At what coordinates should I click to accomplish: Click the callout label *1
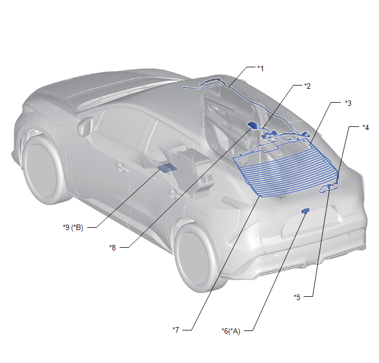pyautogui.click(x=261, y=68)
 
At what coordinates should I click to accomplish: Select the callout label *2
pyautogui.click(x=307, y=86)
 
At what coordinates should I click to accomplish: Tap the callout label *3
pyautogui.click(x=348, y=103)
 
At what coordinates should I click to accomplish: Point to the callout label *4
pyautogui.click(x=366, y=127)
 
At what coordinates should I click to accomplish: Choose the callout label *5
pyautogui.click(x=297, y=297)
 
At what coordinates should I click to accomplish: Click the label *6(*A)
pyautogui.click(x=231, y=331)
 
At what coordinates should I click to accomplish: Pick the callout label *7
pyautogui.click(x=176, y=330)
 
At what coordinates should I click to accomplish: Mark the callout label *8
pyautogui.click(x=112, y=248)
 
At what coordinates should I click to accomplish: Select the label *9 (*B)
pyautogui.click(x=73, y=227)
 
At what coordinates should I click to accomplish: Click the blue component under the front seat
pyautogui.click(x=167, y=168)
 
